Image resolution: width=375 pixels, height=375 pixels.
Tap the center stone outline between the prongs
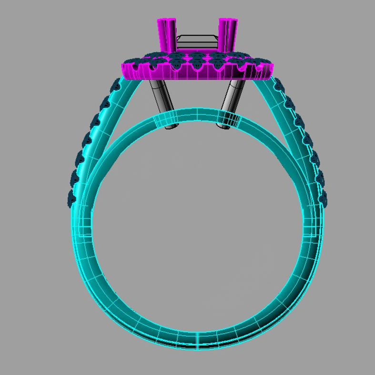[x=197, y=42]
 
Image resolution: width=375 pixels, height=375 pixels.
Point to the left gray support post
[x=162, y=102]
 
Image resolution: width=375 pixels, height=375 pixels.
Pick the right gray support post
[x=231, y=102]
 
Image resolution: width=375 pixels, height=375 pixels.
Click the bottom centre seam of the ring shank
[x=197, y=339]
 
